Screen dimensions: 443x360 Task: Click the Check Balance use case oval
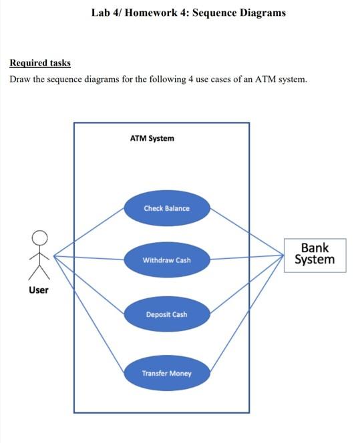point(166,208)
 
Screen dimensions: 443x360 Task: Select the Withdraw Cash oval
point(166,260)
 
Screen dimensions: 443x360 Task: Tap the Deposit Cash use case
point(166,314)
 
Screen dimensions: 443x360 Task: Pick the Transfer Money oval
point(166,374)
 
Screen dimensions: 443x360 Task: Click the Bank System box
point(315,255)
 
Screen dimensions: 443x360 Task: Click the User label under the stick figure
point(38,290)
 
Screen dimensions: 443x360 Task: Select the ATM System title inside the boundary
point(152,138)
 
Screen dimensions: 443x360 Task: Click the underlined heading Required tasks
point(40,63)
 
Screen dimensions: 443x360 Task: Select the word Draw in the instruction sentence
point(21,80)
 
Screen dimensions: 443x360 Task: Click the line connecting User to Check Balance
point(89,232)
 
